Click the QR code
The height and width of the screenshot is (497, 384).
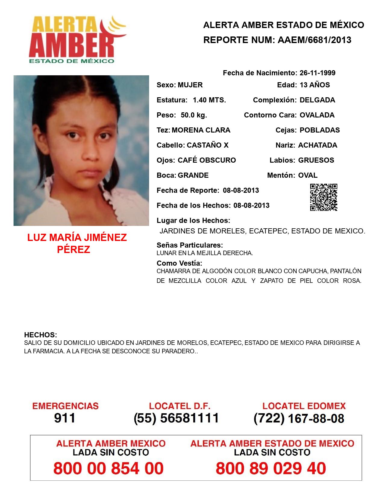(324, 197)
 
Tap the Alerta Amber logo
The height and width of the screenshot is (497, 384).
(75, 39)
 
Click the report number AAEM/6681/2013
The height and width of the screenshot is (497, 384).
(314, 40)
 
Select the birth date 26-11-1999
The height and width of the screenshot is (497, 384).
(317, 73)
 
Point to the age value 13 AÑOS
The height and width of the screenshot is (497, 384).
(315, 85)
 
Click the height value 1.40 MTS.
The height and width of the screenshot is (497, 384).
(209, 100)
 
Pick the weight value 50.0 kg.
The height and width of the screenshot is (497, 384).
(194, 115)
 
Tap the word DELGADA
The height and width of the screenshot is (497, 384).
(317, 100)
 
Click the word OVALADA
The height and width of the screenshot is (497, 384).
(317, 115)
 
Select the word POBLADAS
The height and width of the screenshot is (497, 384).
(320, 130)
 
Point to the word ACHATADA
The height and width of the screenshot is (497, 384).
(317, 145)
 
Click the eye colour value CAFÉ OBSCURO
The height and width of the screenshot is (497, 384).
(207, 160)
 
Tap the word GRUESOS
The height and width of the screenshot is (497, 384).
(316, 160)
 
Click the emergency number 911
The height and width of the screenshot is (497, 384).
(65, 418)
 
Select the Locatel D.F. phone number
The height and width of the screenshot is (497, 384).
(176, 418)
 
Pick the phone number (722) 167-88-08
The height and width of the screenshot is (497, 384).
(299, 418)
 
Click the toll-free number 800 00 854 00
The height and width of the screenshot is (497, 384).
(108, 468)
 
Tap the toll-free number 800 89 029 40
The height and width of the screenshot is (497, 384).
(271, 468)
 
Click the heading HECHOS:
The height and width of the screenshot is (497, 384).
(40, 335)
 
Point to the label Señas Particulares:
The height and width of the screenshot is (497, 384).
(190, 245)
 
